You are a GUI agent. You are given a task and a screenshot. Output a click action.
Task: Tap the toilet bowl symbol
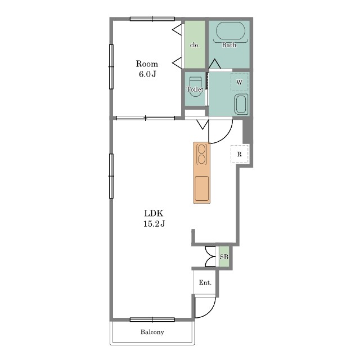(x=195, y=87)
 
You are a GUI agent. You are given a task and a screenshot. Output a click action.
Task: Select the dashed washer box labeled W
(x=240, y=82)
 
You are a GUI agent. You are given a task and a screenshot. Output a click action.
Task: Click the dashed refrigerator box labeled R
(x=240, y=154)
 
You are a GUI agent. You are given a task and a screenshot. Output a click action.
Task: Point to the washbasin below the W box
(x=241, y=104)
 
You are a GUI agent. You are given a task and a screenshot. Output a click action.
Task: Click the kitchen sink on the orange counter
(x=202, y=188)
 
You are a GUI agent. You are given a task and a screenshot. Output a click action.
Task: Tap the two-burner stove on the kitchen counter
(x=201, y=154)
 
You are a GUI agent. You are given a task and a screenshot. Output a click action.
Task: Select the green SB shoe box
(x=224, y=256)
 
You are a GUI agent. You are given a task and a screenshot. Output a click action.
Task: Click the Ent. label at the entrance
(x=205, y=282)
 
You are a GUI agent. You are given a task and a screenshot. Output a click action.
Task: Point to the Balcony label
(x=152, y=332)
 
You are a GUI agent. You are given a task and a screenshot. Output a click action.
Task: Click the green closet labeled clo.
(x=195, y=44)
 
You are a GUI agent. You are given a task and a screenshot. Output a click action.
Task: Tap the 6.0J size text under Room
(x=147, y=74)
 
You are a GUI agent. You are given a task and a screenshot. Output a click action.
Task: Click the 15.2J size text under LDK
(x=154, y=223)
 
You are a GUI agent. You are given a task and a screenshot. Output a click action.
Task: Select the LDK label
(x=154, y=213)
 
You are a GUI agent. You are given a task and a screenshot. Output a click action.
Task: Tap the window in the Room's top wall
(x=152, y=19)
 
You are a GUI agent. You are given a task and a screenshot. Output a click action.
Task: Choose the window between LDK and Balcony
(x=152, y=319)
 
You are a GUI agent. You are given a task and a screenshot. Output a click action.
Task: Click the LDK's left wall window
(x=111, y=176)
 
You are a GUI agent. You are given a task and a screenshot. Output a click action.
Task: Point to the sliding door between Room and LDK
(x=145, y=118)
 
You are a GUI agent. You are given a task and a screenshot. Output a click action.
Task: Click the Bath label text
(x=229, y=45)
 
